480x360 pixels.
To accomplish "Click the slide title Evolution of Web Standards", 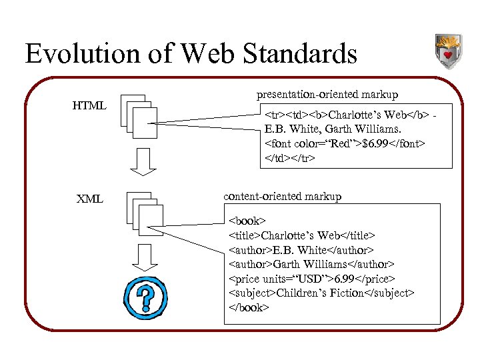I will [x=191, y=53].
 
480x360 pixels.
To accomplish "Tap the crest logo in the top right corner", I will [x=447, y=51].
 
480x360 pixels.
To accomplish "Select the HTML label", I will [x=89, y=105].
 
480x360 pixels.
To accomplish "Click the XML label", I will [x=89, y=198].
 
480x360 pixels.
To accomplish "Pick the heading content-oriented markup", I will [x=282, y=196].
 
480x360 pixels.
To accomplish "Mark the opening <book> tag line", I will [x=247, y=220].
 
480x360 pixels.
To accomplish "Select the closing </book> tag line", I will [x=249, y=308].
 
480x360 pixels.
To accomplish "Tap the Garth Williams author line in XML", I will [x=311, y=264].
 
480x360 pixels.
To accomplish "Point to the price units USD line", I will [x=312, y=279].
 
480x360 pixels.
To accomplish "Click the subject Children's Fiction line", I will [x=321, y=293].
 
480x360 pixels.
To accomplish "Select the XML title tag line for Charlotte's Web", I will [x=302, y=235].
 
